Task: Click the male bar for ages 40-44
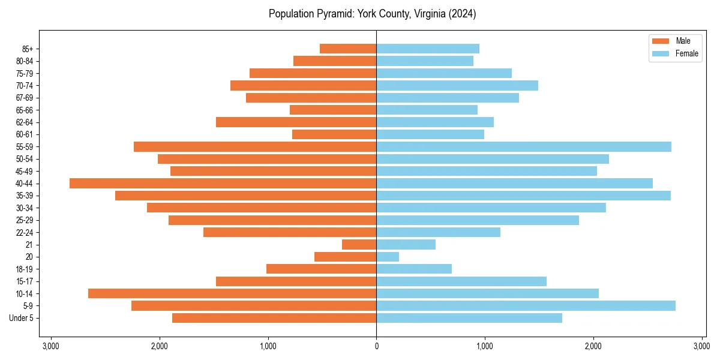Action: tap(223, 183)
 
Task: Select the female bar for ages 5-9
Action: tap(526, 305)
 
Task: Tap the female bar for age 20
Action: tap(388, 257)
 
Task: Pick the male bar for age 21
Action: tap(359, 244)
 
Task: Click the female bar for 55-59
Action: tap(523, 146)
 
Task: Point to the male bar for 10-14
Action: tap(232, 293)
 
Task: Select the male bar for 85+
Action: tap(348, 49)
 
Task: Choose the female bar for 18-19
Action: tap(414, 269)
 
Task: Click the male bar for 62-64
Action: tap(296, 122)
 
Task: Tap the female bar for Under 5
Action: tap(469, 318)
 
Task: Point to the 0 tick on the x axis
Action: tap(376, 346)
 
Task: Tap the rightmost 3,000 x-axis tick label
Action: tap(701, 346)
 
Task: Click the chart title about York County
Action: tap(372, 14)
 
